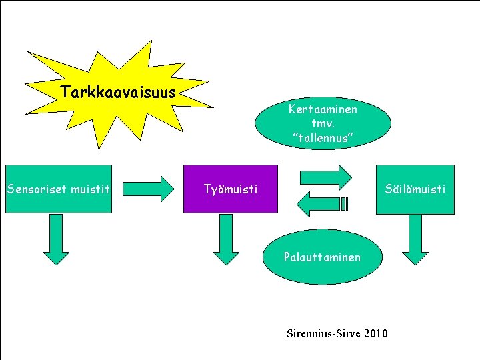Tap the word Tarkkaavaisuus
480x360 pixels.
coord(118,91)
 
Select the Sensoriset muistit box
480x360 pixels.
coord(57,189)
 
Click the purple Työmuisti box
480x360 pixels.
coord(230,189)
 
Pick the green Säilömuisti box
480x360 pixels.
coord(415,189)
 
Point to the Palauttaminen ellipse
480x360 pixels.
coord(322,257)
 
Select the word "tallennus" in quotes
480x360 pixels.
coord(323,137)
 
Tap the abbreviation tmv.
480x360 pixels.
coord(323,123)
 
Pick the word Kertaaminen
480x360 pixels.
coord(323,109)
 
